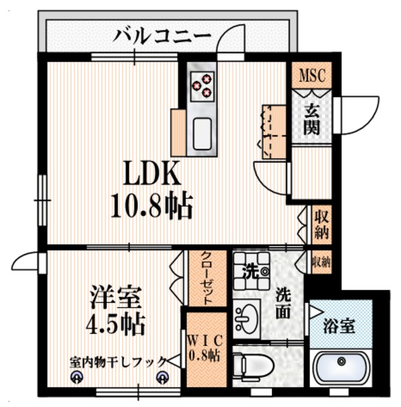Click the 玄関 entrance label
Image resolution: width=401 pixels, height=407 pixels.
tap(311, 119)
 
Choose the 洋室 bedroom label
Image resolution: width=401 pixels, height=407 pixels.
tap(115, 296)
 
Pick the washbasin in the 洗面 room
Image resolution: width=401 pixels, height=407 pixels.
tap(247, 315)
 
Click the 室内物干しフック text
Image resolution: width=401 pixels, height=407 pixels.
tap(118, 362)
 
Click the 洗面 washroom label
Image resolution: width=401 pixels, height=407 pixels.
tap(283, 303)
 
